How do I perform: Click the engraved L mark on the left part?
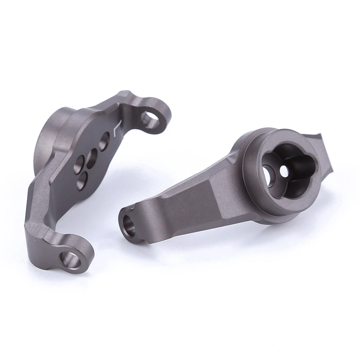click(x=117, y=129)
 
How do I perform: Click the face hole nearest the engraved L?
click(x=105, y=140)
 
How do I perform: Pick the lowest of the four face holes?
click(x=82, y=180)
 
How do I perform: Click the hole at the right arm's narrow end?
click(x=129, y=223)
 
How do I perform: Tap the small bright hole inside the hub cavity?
click(x=283, y=171)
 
